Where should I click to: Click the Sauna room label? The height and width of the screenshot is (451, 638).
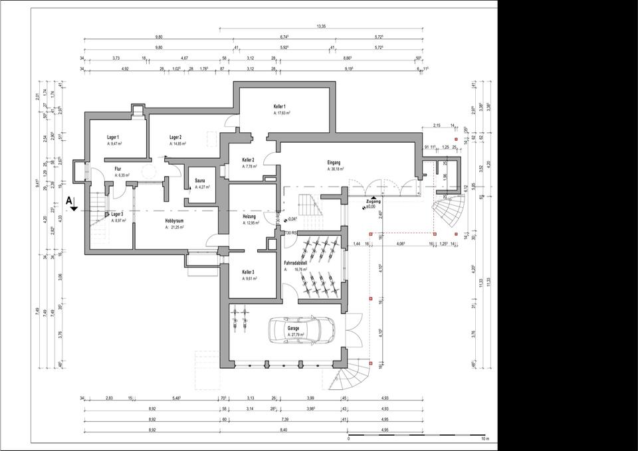tap(199, 181)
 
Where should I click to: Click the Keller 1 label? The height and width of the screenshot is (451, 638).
tap(280, 107)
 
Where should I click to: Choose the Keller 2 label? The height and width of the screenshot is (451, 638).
tap(249, 160)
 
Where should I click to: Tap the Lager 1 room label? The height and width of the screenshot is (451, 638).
tap(112, 137)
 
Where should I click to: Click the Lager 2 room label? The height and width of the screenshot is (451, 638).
tap(176, 137)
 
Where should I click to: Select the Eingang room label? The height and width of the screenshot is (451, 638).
tap(334, 162)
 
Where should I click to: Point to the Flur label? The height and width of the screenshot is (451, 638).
tap(118, 169)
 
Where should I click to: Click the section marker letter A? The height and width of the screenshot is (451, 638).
tap(69, 199)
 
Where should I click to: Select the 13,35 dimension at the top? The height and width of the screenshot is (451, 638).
tap(321, 27)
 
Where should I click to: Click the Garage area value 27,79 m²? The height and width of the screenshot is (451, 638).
tap(294, 335)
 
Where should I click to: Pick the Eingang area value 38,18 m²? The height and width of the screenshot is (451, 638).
tap(336, 169)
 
